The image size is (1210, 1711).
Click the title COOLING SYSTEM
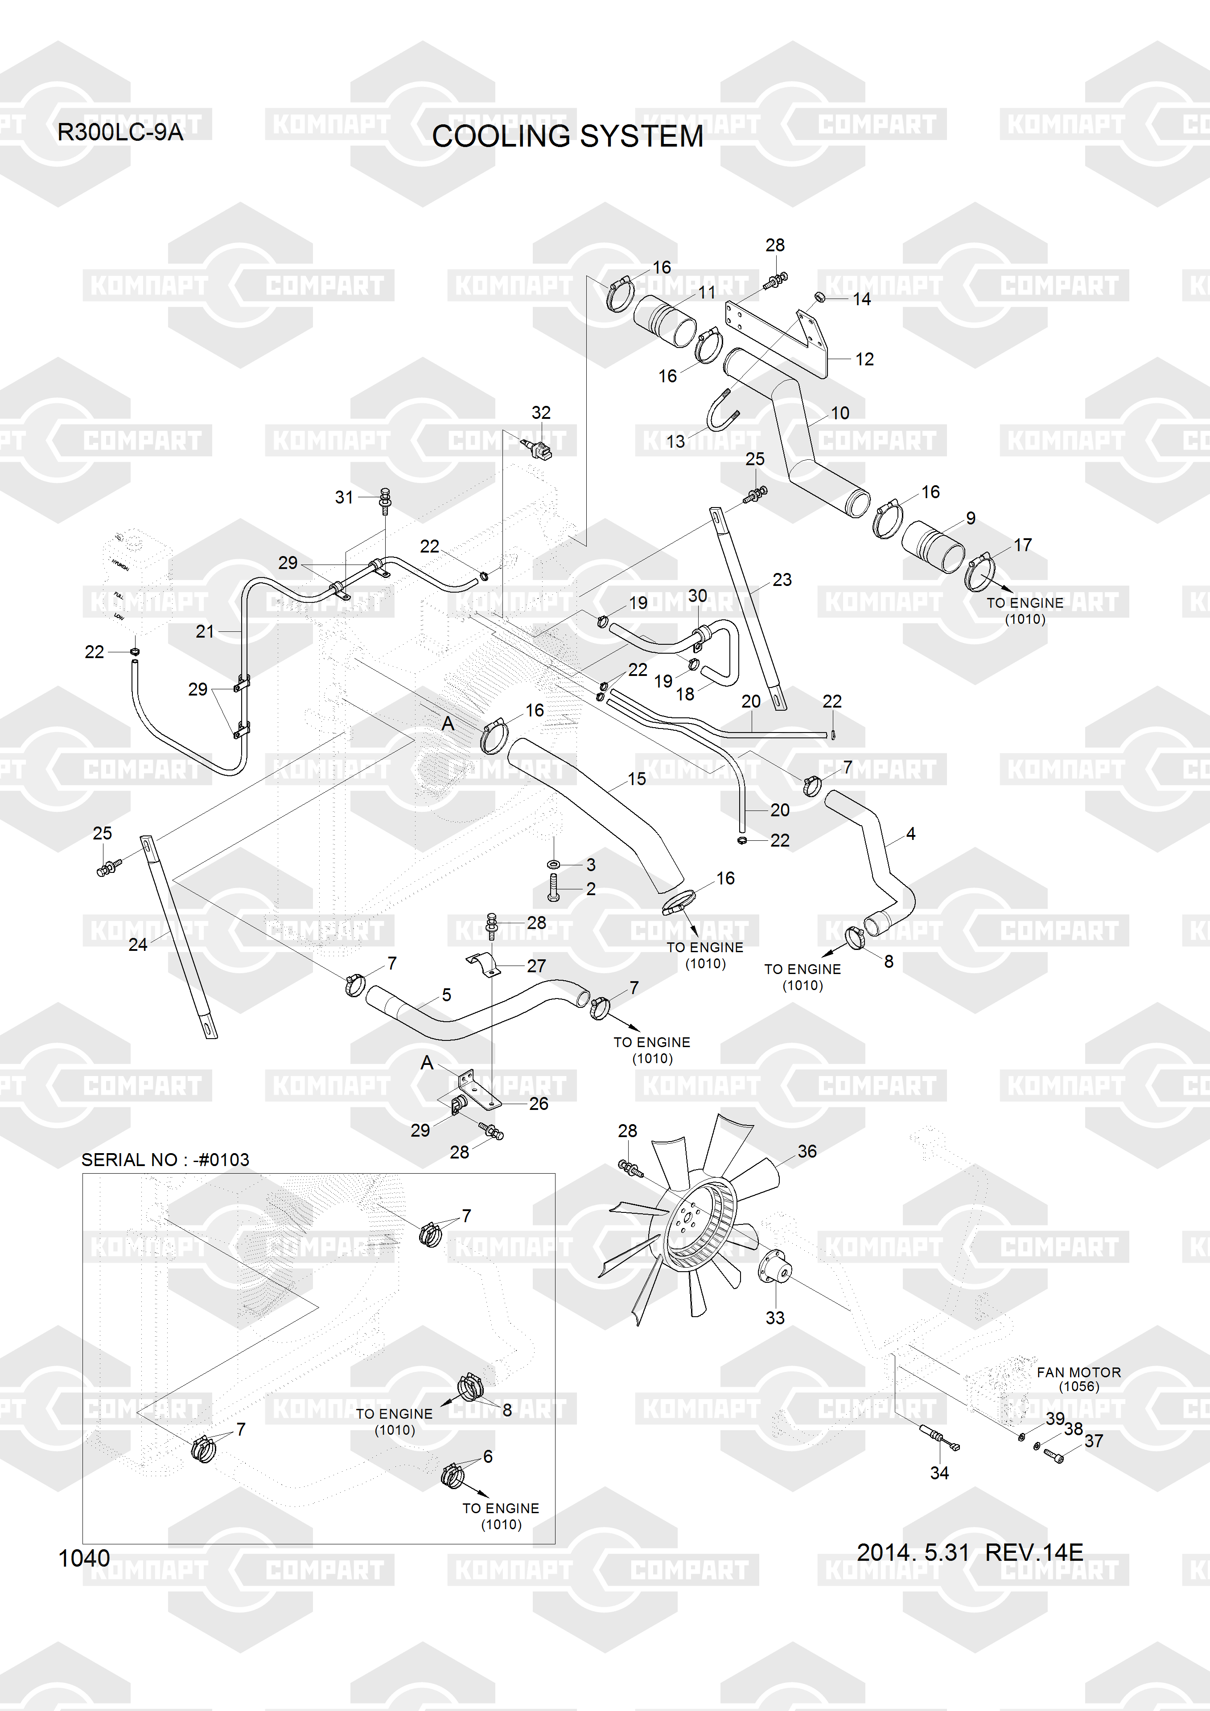click(x=568, y=136)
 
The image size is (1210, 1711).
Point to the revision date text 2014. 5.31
click(x=913, y=1552)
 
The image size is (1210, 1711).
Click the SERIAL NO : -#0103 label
click(x=165, y=1159)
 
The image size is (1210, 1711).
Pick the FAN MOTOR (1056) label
click(x=1078, y=1379)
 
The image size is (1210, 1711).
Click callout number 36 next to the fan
click(x=807, y=1151)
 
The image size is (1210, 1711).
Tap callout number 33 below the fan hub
click(x=774, y=1318)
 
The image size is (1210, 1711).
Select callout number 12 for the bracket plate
click(x=864, y=359)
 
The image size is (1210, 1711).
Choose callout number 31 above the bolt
click(x=344, y=497)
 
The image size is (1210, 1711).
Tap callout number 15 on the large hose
click(x=637, y=779)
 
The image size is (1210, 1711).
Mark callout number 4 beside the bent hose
click(x=910, y=834)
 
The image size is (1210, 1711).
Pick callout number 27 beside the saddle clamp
click(x=536, y=966)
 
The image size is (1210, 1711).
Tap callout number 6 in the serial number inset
click(x=488, y=1456)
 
